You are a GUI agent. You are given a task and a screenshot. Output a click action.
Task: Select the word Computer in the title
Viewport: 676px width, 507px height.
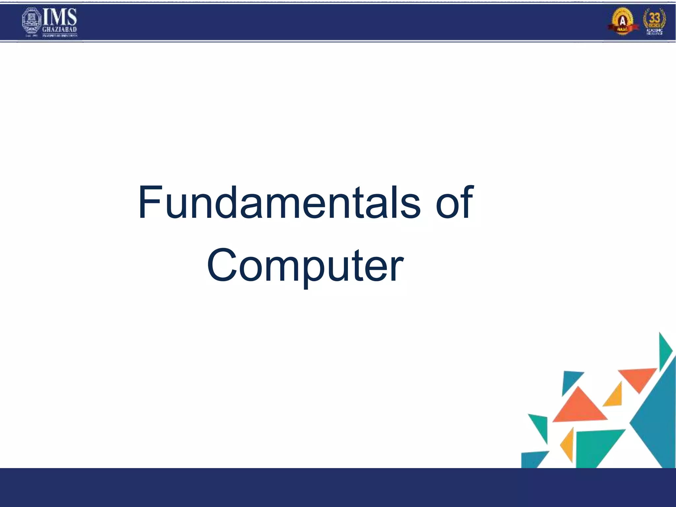click(x=305, y=265)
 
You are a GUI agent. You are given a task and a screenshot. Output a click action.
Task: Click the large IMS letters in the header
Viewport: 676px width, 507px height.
click(x=60, y=17)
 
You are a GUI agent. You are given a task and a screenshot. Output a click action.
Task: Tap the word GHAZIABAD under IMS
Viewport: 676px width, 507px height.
click(x=60, y=30)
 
